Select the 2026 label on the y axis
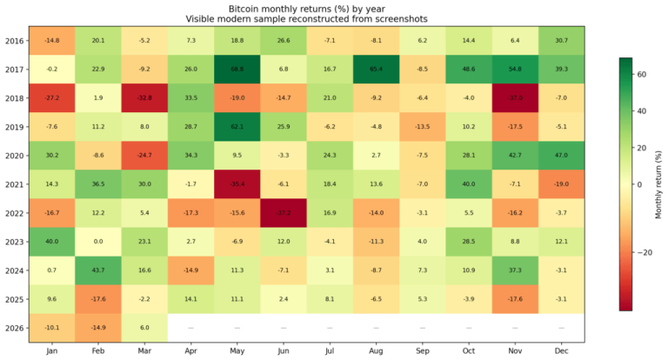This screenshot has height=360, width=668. pyautogui.click(x=16, y=327)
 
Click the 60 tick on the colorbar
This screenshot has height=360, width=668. pyautogui.click(x=642, y=75)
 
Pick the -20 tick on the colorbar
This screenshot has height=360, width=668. pyautogui.click(x=644, y=253)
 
